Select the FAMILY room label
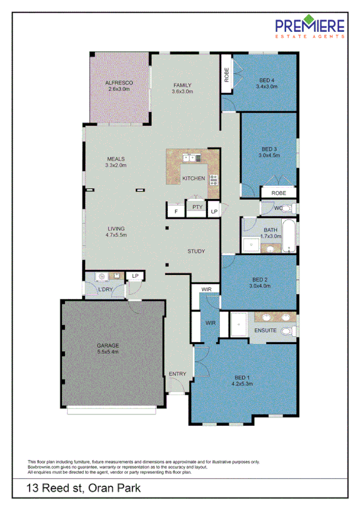pos(182,85)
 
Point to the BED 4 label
pos(267,80)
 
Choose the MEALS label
pos(115,158)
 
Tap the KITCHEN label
pos(194,178)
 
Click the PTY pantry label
pos(197,207)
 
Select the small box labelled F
pos(176,212)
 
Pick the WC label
pos(278,208)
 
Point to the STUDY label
pos(197,251)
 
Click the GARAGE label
pos(108,345)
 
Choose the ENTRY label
pos(178,374)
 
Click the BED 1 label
pos(243,378)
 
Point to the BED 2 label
pos(260,280)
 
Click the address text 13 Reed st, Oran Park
pos(84,488)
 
